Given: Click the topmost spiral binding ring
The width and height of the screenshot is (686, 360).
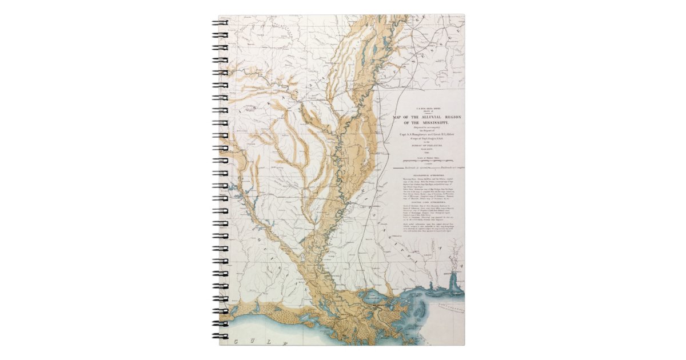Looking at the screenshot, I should (x=220, y=25).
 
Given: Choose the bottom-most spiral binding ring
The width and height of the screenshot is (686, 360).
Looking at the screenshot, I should (x=220, y=337).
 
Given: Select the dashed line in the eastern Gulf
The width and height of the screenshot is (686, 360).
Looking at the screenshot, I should (x=449, y=309).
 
